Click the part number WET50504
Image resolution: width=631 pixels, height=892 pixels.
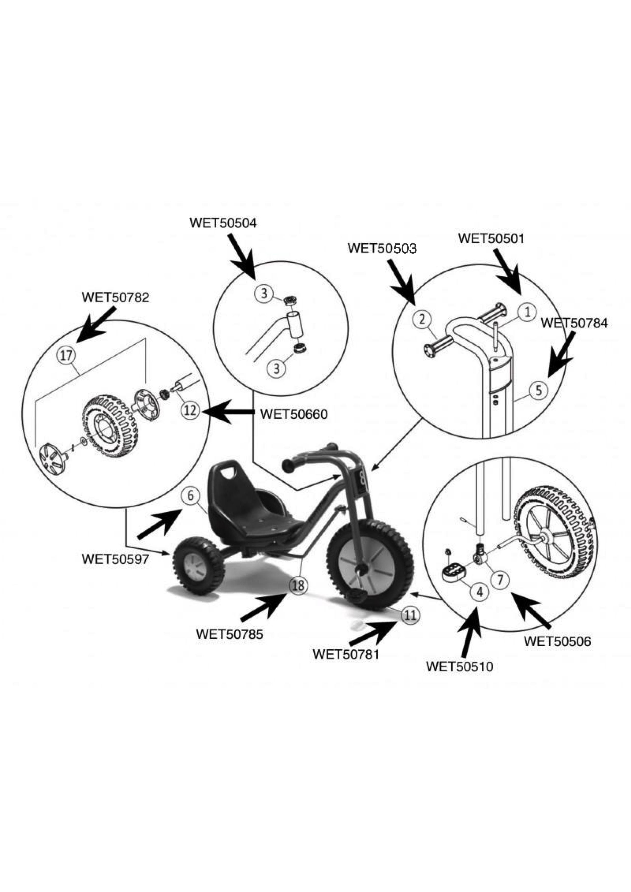click(x=223, y=223)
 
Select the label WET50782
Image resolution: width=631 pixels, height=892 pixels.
click(x=116, y=298)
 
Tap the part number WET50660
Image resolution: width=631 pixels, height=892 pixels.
click(x=293, y=414)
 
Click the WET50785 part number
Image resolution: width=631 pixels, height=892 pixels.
click(x=230, y=634)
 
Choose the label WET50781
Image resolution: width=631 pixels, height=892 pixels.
click(x=346, y=654)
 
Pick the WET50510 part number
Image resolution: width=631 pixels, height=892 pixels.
click(x=460, y=667)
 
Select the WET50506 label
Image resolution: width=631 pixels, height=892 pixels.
click(x=557, y=641)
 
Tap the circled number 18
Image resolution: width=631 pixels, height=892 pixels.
click(x=298, y=585)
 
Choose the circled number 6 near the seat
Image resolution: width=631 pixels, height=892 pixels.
click(x=190, y=496)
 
